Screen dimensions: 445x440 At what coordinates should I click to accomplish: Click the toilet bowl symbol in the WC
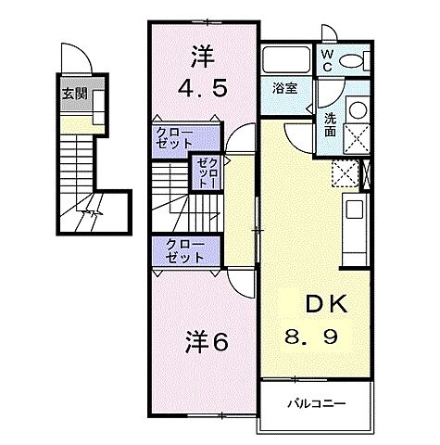[x=353, y=59]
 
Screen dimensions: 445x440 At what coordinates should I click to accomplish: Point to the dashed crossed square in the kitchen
[x=344, y=172]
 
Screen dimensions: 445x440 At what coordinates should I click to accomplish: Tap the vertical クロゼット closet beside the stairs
[x=203, y=172]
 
